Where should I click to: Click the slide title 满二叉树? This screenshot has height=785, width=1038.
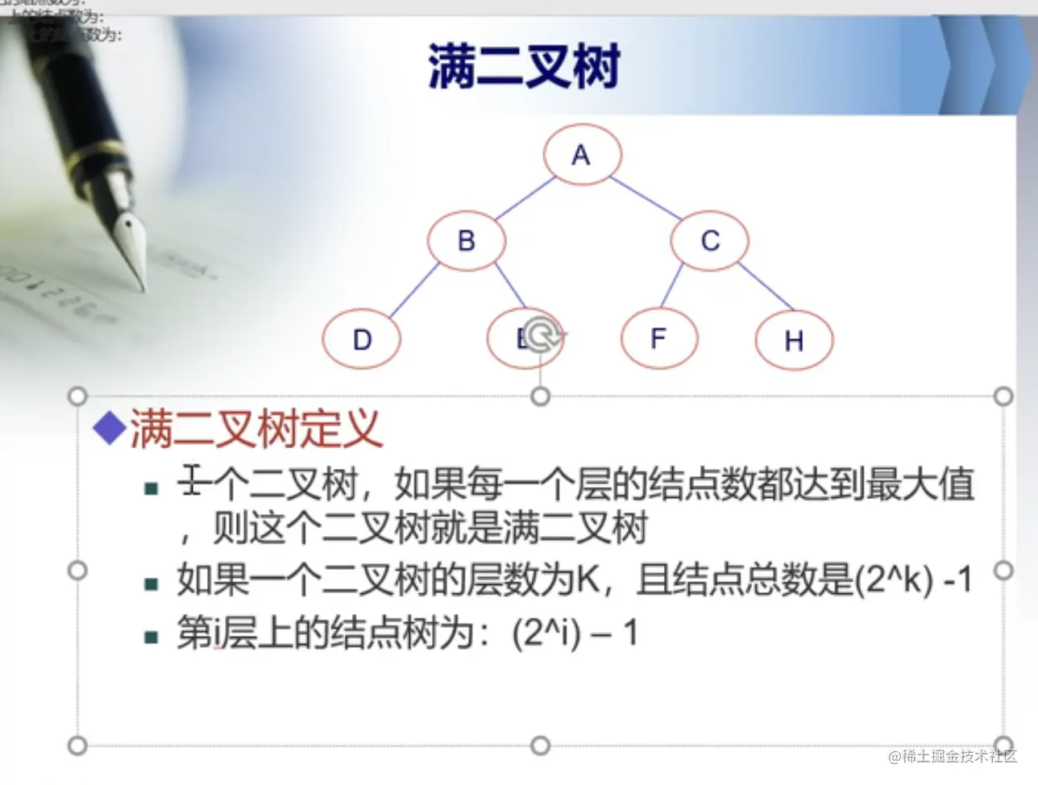coord(524,66)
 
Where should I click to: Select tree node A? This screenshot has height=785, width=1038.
coord(582,155)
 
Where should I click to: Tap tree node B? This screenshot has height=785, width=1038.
coord(467,241)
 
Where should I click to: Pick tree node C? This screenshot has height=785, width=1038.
coord(709,241)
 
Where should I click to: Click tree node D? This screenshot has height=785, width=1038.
coord(362,339)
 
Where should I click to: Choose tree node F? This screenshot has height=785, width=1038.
coord(658,339)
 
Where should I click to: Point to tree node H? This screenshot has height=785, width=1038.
coord(794,341)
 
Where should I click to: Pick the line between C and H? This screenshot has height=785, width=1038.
coord(766,287)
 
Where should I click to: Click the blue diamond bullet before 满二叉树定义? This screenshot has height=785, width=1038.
coord(109,428)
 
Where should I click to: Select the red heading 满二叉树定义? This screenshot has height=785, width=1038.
coord(255,428)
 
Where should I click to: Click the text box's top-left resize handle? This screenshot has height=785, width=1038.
coord(77,397)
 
